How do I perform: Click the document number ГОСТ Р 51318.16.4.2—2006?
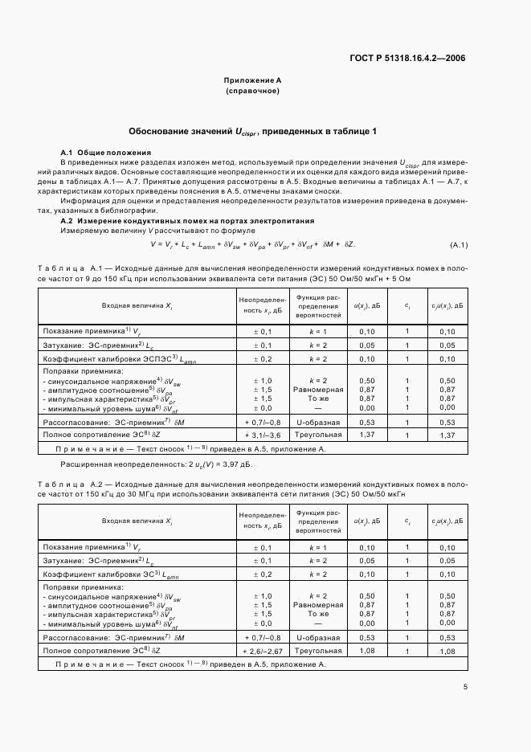coord(408,58)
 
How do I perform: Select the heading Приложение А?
coord(252,81)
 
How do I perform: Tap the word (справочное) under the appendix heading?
coord(252,92)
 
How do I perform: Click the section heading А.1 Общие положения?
coord(105,152)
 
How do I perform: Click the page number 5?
coord(465,686)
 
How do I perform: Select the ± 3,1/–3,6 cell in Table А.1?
coord(263,435)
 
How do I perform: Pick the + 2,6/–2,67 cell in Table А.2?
coord(263,650)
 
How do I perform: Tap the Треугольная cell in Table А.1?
coord(318,435)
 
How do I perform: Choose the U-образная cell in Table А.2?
coord(318,637)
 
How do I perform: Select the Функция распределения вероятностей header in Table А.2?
coord(318,521)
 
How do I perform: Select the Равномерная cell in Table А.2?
coord(318,604)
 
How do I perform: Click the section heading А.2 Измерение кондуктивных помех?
coord(187,220)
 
